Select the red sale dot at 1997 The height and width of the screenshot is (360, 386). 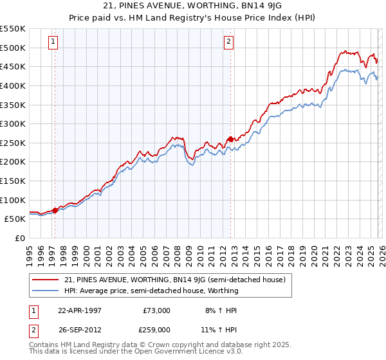tap(55, 210)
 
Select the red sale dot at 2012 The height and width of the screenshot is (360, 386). tap(231, 139)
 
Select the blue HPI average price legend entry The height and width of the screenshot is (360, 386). tap(151, 291)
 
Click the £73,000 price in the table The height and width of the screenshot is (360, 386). tap(156, 310)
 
